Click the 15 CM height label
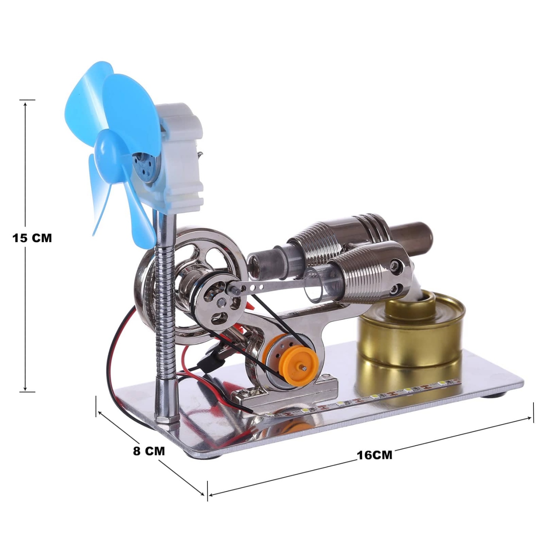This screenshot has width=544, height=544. [32, 238]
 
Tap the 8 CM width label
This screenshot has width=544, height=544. [149, 451]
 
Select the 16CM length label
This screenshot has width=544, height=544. [374, 455]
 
